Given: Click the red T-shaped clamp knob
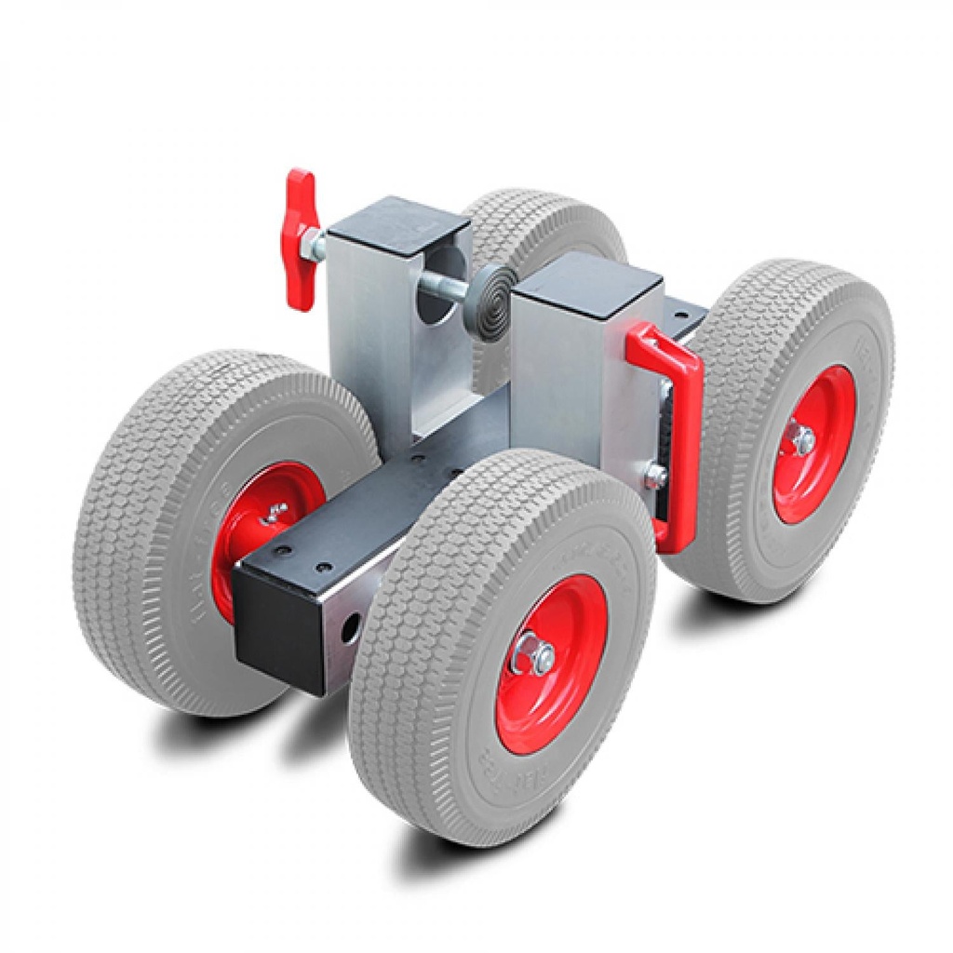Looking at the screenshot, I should [300, 240].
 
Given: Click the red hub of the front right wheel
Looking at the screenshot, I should [551, 664].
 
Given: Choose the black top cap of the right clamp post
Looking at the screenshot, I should [587, 285].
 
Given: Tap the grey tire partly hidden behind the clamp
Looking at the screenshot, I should [549, 223].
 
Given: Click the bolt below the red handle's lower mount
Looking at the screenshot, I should [656, 476].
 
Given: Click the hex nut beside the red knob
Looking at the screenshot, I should [319, 247].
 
